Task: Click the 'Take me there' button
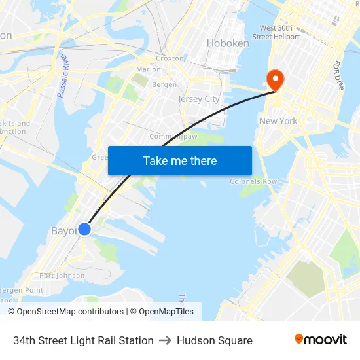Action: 180,160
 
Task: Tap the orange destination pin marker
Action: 274,80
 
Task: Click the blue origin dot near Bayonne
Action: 84,229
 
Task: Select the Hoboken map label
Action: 228,43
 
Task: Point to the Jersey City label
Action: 199,99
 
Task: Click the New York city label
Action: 278,121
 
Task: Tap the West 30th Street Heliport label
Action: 279,33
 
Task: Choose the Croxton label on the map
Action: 170,58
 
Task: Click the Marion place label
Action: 149,69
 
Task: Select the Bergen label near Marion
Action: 164,84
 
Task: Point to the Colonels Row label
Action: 253,181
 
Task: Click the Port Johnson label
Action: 62,276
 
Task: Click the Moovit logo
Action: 321,340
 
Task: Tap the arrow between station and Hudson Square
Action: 165,340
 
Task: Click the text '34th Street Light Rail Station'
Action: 83,340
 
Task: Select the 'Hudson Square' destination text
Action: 215,340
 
